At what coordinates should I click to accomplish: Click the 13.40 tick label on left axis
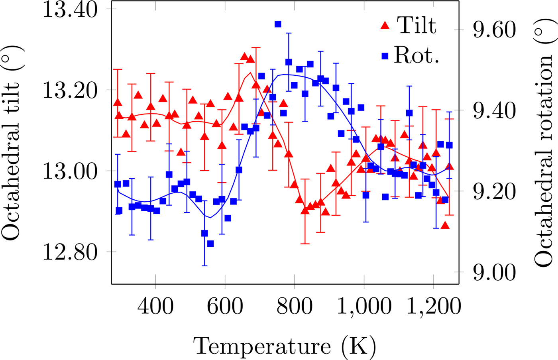coord(70,10)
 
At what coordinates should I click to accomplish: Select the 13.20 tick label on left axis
coord(70,91)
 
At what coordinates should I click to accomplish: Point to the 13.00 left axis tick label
coord(70,172)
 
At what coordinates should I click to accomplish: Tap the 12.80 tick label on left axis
coord(70,253)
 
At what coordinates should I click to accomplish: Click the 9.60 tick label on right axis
coord(494,30)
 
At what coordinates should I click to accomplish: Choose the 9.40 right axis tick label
coord(494,111)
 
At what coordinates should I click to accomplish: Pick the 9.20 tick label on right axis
coord(494,192)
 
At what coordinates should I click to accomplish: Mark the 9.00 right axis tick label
coord(494,273)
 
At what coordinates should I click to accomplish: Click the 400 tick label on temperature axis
coord(155,307)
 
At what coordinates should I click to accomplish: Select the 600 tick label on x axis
coord(225,307)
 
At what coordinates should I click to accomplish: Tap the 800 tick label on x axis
coord(295,307)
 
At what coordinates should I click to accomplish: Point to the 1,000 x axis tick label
coord(364,307)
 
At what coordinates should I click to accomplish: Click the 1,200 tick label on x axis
coord(434,307)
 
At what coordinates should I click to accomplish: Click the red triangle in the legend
coord(385,26)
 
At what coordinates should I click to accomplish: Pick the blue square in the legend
coord(385,56)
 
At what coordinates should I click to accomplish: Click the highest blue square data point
coord(278,24)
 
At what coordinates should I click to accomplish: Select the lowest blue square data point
coord(210,244)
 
